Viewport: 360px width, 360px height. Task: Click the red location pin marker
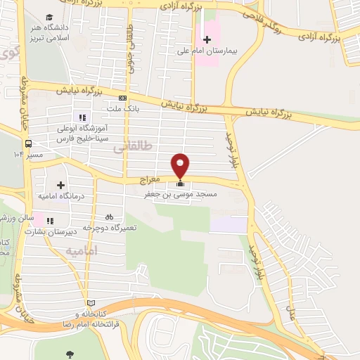click(181, 165)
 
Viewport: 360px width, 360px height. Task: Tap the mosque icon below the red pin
click(181, 184)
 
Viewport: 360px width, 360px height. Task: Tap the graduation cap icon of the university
click(49, 17)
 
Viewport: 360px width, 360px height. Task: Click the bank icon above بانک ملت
click(123, 98)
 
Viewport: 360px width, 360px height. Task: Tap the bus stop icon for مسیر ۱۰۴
click(28, 143)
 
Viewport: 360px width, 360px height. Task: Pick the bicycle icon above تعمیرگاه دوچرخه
click(109, 217)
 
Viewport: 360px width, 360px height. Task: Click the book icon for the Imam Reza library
click(88, 302)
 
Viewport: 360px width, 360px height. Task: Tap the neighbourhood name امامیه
click(82, 250)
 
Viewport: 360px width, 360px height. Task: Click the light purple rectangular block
click(229, 225)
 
